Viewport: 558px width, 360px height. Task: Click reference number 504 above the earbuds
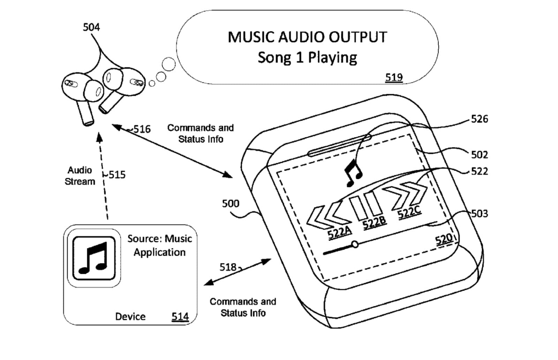click(x=91, y=27)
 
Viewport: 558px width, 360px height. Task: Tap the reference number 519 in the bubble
click(x=394, y=77)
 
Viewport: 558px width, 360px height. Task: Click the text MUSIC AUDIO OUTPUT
click(x=307, y=37)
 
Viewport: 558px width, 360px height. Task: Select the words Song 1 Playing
click(x=307, y=58)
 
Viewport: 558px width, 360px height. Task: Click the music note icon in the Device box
click(x=93, y=258)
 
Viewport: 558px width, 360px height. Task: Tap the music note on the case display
click(x=353, y=173)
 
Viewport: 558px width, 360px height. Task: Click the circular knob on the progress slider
click(x=355, y=244)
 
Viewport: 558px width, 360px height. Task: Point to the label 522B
click(x=374, y=222)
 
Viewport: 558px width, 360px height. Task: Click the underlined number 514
click(x=180, y=316)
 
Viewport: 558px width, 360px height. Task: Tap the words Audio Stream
click(x=80, y=176)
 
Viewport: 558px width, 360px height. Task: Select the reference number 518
click(x=228, y=267)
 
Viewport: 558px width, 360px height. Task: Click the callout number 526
click(x=479, y=119)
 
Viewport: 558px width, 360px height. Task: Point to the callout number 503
click(x=479, y=213)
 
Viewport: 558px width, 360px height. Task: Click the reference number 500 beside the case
click(x=231, y=203)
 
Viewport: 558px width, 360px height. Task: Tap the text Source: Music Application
click(x=160, y=245)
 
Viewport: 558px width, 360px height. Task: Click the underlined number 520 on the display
click(x=443, y=240)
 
